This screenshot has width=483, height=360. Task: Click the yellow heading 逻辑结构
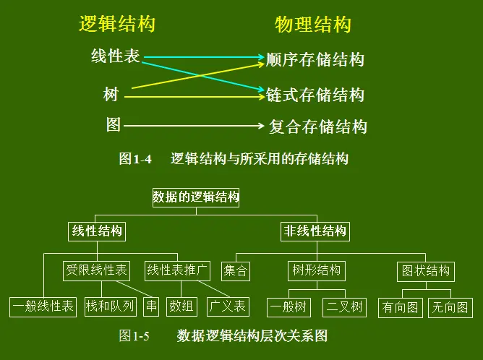click(117, 25)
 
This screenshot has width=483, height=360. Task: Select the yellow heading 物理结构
click(313, 25)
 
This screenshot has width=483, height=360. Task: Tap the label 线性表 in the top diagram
click(116, 56)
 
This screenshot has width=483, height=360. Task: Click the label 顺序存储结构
click(315, 59)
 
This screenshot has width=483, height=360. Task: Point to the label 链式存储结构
click(315, 95)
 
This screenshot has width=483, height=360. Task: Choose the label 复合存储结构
click(317, 127)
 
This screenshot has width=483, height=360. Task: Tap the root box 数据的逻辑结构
click(196, 197)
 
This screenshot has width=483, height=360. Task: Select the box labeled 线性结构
click(97, 231)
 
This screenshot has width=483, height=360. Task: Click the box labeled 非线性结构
click(315, 231)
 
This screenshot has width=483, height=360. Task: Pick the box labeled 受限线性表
click(97, 270)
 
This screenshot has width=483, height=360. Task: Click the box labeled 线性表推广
click(178, 270)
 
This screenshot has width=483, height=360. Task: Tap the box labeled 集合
click(236, 271)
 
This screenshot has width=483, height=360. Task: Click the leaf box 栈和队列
click(110, 307)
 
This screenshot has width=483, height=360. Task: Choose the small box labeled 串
click(151, 307)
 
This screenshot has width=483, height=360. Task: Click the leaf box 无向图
click(449, 307)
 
